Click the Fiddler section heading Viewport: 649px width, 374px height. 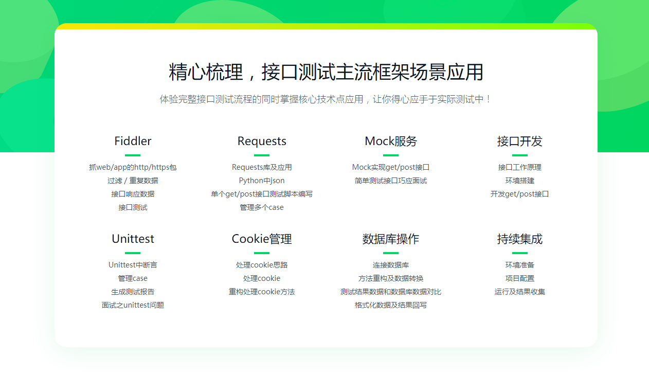133,141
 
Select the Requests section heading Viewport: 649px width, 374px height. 262,141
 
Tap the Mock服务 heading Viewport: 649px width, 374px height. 390,141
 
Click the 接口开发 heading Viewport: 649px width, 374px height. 519,141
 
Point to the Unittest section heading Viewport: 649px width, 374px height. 133,239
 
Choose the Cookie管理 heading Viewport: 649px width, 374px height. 262,239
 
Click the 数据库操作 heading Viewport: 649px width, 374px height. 390,239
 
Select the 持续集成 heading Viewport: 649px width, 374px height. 519,239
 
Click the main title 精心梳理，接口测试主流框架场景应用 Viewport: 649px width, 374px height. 326,72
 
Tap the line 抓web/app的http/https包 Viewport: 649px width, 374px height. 133,167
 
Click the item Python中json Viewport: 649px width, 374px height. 262,181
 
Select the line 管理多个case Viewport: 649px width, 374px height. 262,207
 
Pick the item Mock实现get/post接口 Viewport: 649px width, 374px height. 390,167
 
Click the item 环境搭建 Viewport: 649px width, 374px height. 519,181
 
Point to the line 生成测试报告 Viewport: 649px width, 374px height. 133,292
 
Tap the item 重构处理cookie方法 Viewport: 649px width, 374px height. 262,292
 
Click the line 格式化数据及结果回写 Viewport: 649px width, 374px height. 390,305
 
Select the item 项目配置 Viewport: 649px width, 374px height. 519,278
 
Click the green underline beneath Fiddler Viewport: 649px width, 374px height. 133,155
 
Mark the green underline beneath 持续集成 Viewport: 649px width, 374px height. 520,253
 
